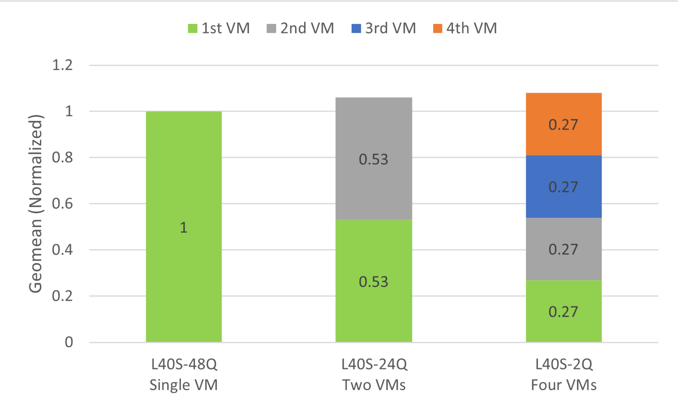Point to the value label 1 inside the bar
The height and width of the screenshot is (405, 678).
(x=184, y=227)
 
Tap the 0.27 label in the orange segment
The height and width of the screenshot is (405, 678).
(x=563, y=125)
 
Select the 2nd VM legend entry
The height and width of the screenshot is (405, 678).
(x=300, y=28)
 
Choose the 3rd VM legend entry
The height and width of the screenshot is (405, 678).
(x=383, y=28)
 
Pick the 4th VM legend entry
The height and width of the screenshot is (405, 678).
(x=465, y=28)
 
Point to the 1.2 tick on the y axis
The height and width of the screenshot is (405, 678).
(x=62, y=65)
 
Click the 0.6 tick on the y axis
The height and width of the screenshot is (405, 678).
(x=62, y=204)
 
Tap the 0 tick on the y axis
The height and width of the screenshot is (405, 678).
(x=69, y=342)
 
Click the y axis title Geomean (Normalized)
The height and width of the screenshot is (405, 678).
(x=36, y=204)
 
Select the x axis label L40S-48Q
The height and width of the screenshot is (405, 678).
(x=184, y=364)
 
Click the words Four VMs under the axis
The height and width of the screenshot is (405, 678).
(x=564, y=385)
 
